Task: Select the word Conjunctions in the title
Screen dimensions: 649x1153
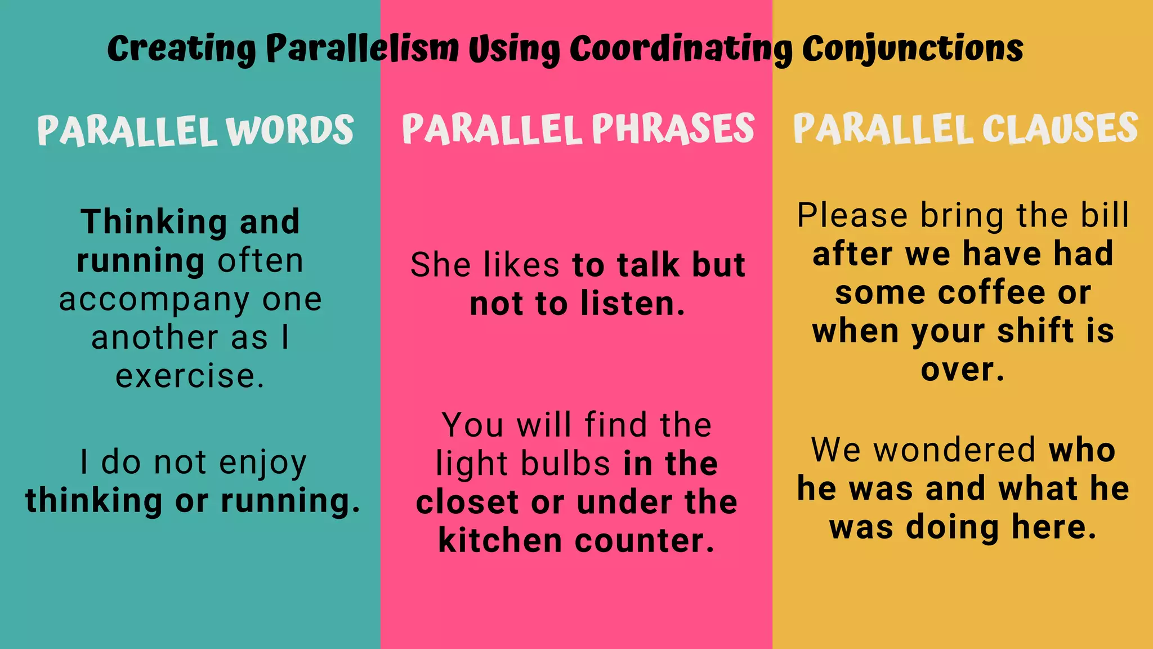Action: click(912, 50)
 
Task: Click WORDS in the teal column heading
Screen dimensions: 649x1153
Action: click(290, 131)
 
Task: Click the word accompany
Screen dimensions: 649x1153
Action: click(154, 300)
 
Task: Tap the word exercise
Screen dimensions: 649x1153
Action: click(190, 376)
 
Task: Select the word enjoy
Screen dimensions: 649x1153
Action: click(262, 463)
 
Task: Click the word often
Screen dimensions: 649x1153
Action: click(261, 261)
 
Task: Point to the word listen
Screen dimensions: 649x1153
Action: click(633, 304)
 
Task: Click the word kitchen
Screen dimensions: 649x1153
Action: click(500, 541)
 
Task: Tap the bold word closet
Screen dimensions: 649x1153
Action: click(467, 503)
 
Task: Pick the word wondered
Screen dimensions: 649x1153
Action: click(955, 451)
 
